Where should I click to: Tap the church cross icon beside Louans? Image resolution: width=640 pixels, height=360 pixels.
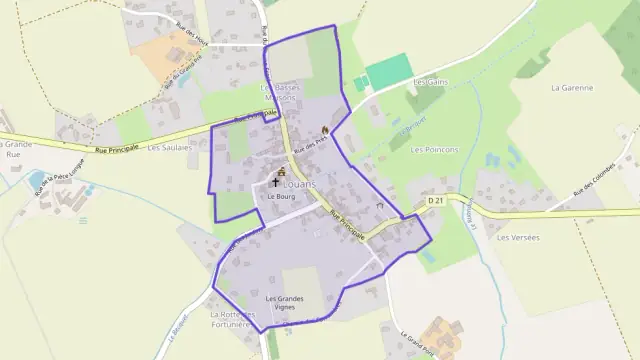pyautogui.click(x=277, y=184)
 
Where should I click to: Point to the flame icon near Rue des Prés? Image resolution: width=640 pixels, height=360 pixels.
pyautogui.click(x=325, y=131)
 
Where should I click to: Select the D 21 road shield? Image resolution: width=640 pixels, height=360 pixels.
pyautogui.click(x=435, y=201)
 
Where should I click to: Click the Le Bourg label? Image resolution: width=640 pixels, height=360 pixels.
pyautogui.click(x=279, y=197)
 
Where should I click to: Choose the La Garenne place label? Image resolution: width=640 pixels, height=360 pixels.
pyautogui.click(x=572, y=88)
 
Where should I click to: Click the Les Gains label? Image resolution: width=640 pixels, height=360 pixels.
pyautogui.click(x=428, y=81)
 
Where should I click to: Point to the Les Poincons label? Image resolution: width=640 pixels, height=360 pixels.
pyautogui.click(x=435, y=149)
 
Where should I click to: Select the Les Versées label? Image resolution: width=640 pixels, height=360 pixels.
pyautogui.click(x=517, y=237)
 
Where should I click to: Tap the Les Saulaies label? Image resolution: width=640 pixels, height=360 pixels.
pyautogui.click(x=168, y=147)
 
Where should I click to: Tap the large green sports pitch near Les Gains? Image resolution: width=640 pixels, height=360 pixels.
pyautogui.click(x=389, y=73)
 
